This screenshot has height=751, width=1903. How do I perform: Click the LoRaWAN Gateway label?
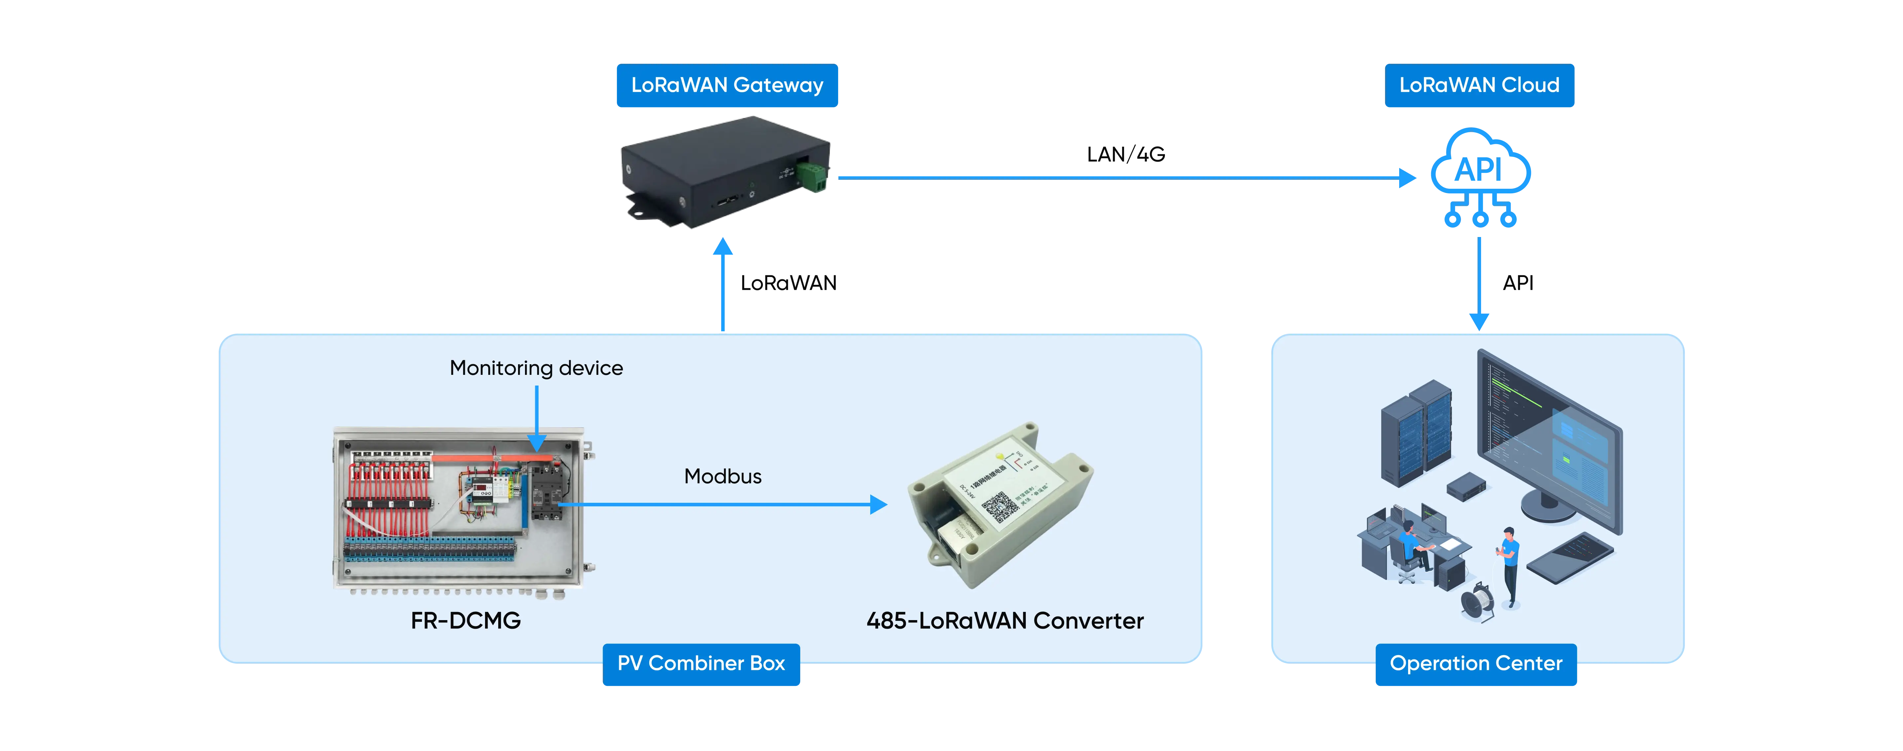click(x=727, y=86)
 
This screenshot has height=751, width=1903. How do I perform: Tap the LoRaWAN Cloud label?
click(x=1479, y=86)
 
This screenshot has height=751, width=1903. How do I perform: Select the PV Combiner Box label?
click(x=701, y=664)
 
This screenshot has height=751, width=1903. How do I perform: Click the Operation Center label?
click(x=1475, y=664)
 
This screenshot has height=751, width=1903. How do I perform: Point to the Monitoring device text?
click(x=536, y=368)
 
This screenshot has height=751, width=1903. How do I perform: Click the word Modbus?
click(x=723, y=477)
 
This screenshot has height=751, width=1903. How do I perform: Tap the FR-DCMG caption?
click(x=466, y=621)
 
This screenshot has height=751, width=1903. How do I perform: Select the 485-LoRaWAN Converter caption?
click(x=1005, y=621)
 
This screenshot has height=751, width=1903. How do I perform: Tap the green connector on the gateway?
click(x=813, y=176)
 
